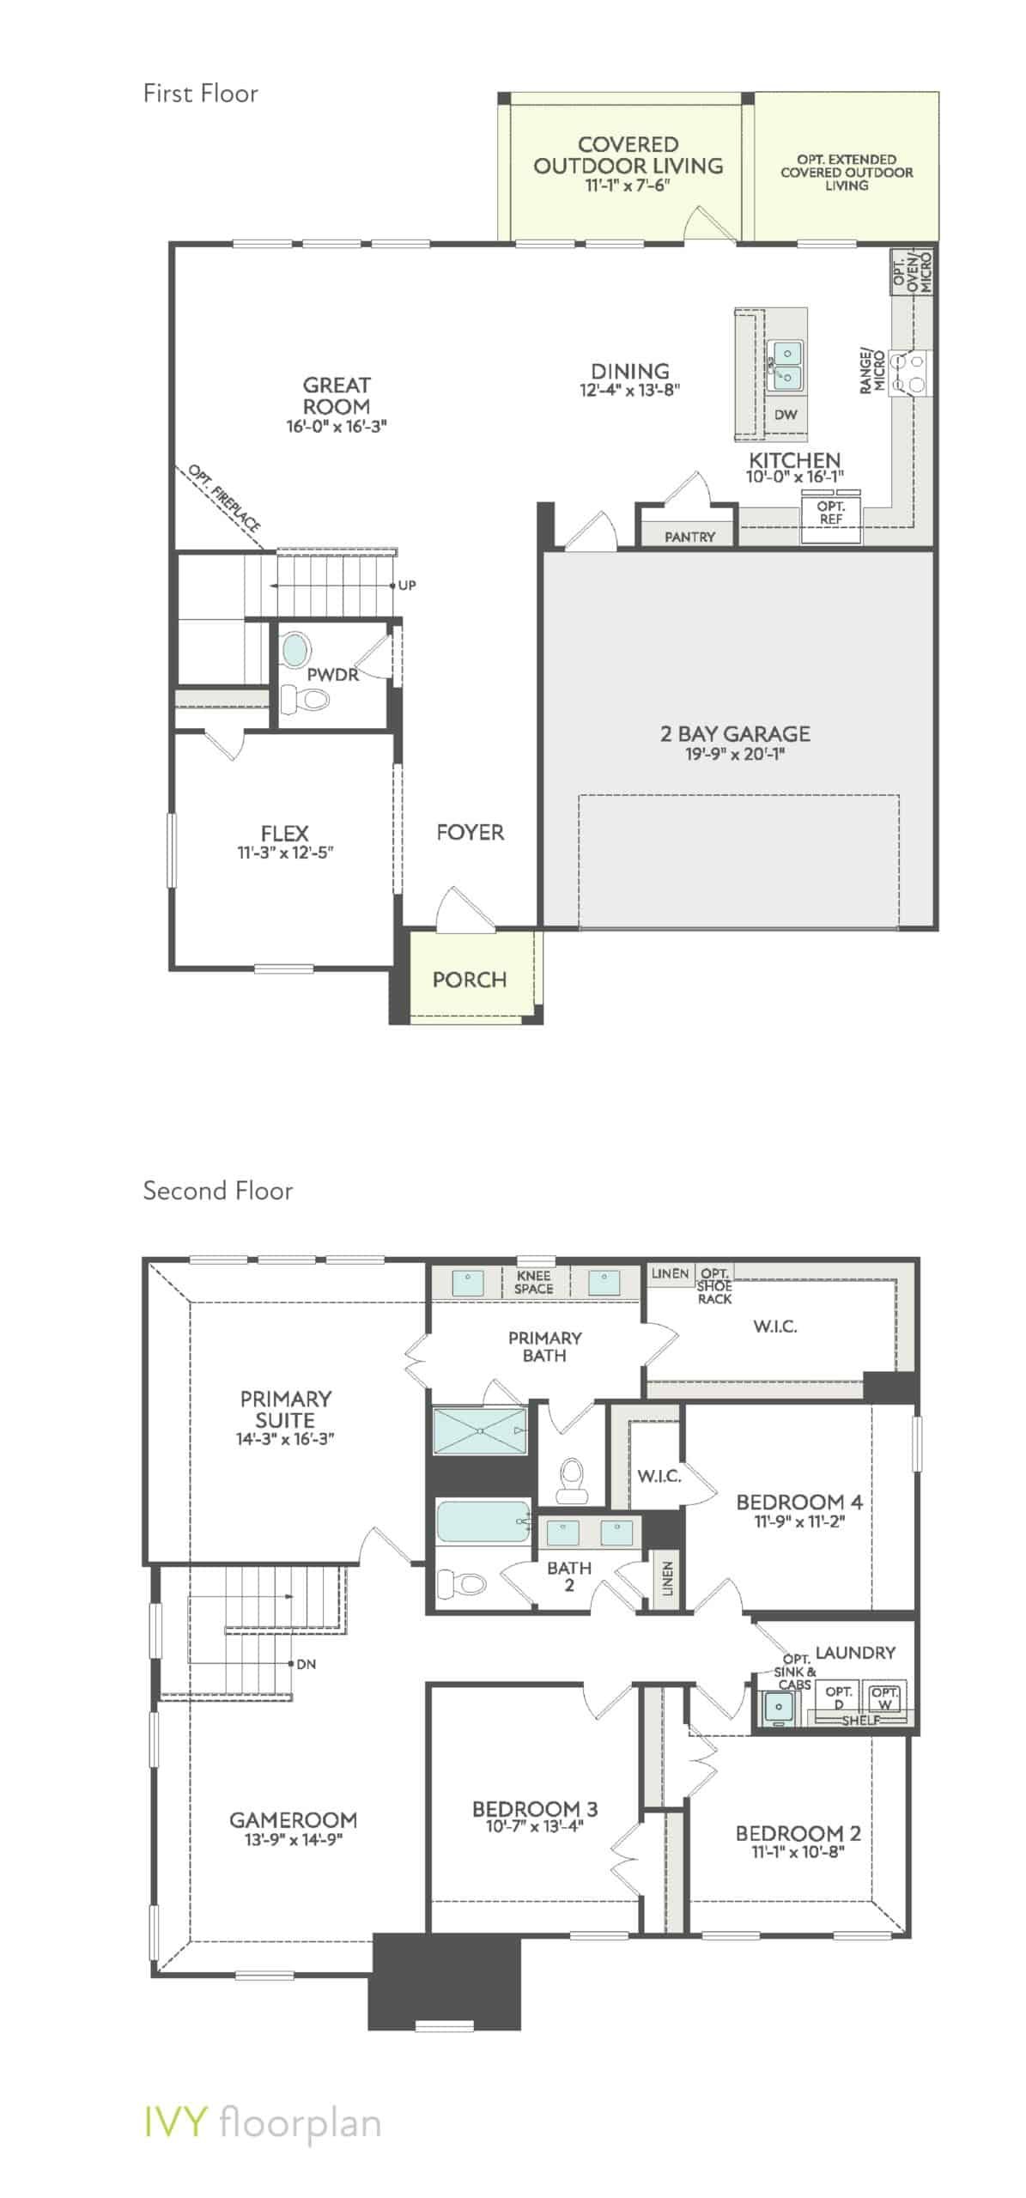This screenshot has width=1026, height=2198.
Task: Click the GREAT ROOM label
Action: (x=337, y=396)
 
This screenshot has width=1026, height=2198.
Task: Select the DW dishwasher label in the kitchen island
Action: (x=785, y=415)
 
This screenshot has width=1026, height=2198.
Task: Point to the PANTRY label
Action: (x=689, y=537)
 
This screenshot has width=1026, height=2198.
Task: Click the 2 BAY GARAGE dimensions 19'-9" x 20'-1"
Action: (x=735, y=755)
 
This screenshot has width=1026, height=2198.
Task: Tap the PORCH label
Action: (x=469, y=980)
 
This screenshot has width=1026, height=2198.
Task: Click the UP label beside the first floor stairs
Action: (x=407, y=586)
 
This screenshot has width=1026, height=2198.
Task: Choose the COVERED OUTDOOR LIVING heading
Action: (x=628, y=155)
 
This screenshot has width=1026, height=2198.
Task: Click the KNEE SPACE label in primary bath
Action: (x=533, y=1283)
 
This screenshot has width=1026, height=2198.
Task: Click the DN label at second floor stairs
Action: (x=306, y=1664)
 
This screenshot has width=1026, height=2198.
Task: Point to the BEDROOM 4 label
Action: (x=798, y=1502)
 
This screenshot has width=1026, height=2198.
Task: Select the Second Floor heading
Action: (x=218, y=1191)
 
